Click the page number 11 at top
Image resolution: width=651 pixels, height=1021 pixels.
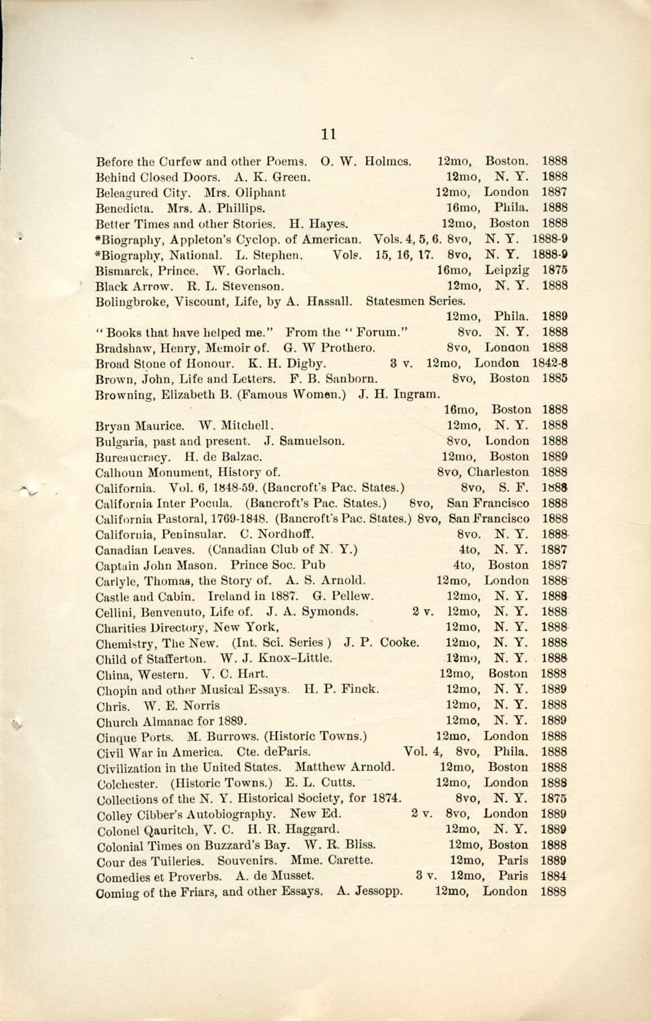click(x=328, y=134)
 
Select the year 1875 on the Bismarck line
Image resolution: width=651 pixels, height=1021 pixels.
click(x=554, y=269)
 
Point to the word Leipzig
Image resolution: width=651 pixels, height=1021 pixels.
click(x=508, y=269)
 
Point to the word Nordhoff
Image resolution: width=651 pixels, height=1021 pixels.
click(x=281, y=534)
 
